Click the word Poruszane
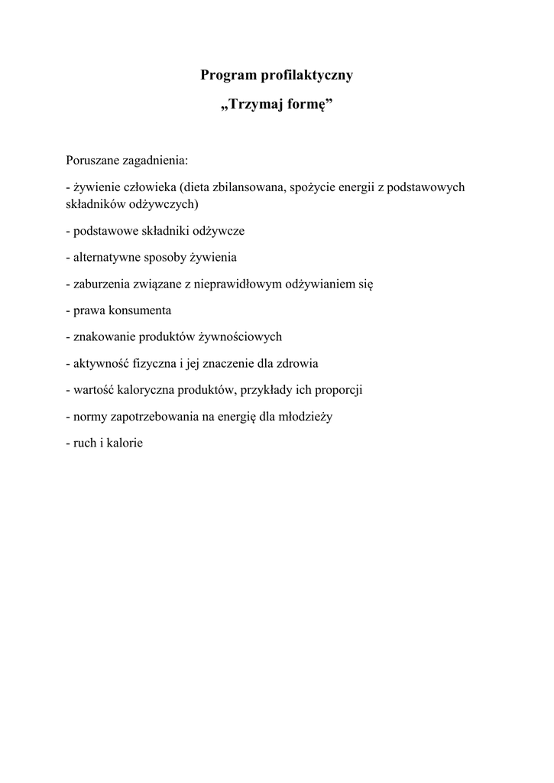click(92, 161)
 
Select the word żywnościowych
click(241, 336)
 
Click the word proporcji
click(337, 390)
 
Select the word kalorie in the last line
click(126, 443)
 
